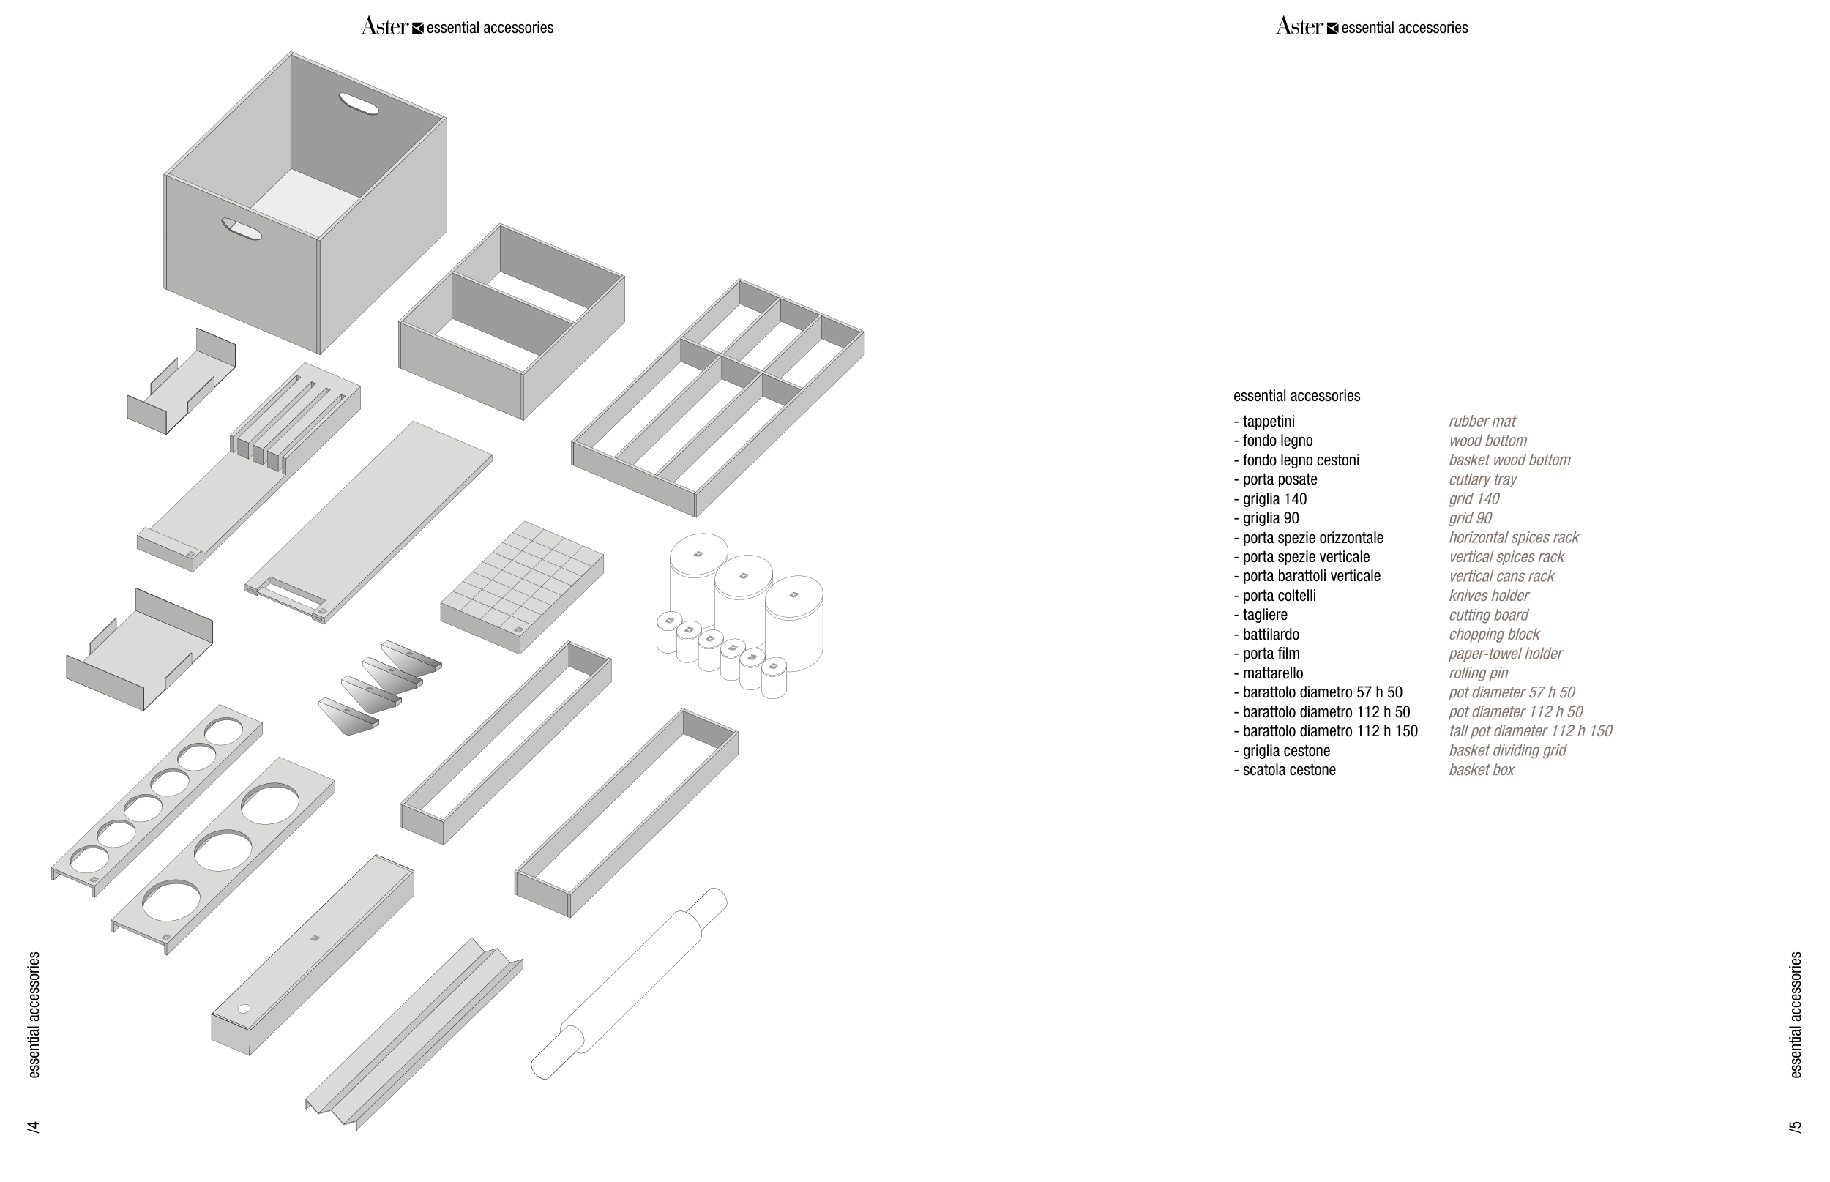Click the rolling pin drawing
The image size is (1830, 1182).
click(630, 984)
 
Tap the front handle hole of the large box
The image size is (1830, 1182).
click(241, 229)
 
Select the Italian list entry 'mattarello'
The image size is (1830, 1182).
click(1273, 673)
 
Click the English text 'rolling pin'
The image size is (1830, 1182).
click(1479, 673)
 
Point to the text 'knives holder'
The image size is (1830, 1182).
click(1488, 596)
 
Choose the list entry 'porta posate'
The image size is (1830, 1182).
click(1280, 479)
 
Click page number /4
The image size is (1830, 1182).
click(33, 1126)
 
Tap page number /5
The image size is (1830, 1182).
click(1795, 1126)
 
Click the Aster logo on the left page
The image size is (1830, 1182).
click(384, 27)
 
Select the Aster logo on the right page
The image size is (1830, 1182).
click(1299, 27)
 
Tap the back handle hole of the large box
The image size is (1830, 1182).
click(359, 104)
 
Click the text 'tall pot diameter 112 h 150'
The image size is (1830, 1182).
click(1530, 731)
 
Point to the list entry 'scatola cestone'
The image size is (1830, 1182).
click(1289, 770)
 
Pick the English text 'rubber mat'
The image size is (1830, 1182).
click(1482, 422)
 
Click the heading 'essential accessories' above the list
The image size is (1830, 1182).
click(1296, 396)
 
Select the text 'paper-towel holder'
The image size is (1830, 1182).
click(1505, 654)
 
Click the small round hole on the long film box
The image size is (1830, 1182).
click(244, 1009)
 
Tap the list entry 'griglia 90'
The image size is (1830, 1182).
click(1271, 518)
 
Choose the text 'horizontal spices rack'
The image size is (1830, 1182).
click(1513, 538)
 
